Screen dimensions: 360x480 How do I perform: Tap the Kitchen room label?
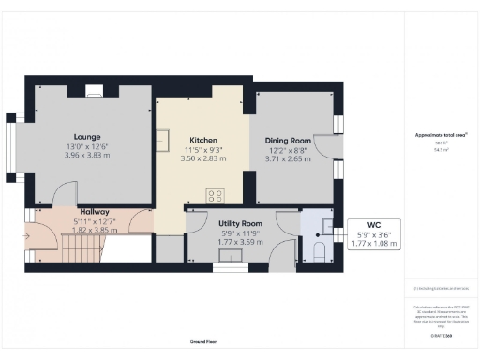[x=203, y=140]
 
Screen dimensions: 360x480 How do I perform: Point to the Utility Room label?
[x=240, y=224]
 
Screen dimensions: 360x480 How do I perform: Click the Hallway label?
[x=96, y=212]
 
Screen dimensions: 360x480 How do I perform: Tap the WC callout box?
[x=373, y=234]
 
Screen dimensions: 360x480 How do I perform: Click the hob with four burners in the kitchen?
[x=215, y=196]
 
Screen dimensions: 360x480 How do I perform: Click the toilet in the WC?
[x=319, y=249]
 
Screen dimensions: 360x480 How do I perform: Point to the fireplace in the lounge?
[x=93, y=91]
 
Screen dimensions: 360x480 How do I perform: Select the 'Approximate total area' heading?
[x=441, y=135]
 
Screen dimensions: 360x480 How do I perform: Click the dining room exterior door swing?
[x=323, y=146]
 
